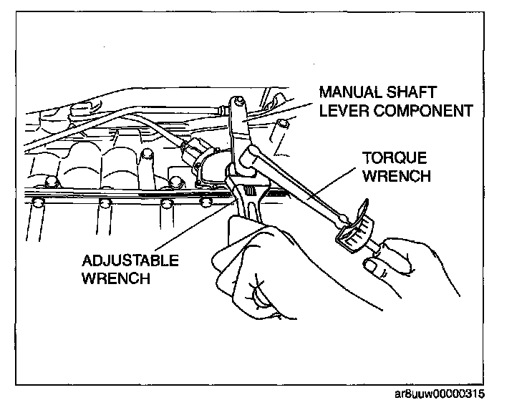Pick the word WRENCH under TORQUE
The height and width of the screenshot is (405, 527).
(396, 175)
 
